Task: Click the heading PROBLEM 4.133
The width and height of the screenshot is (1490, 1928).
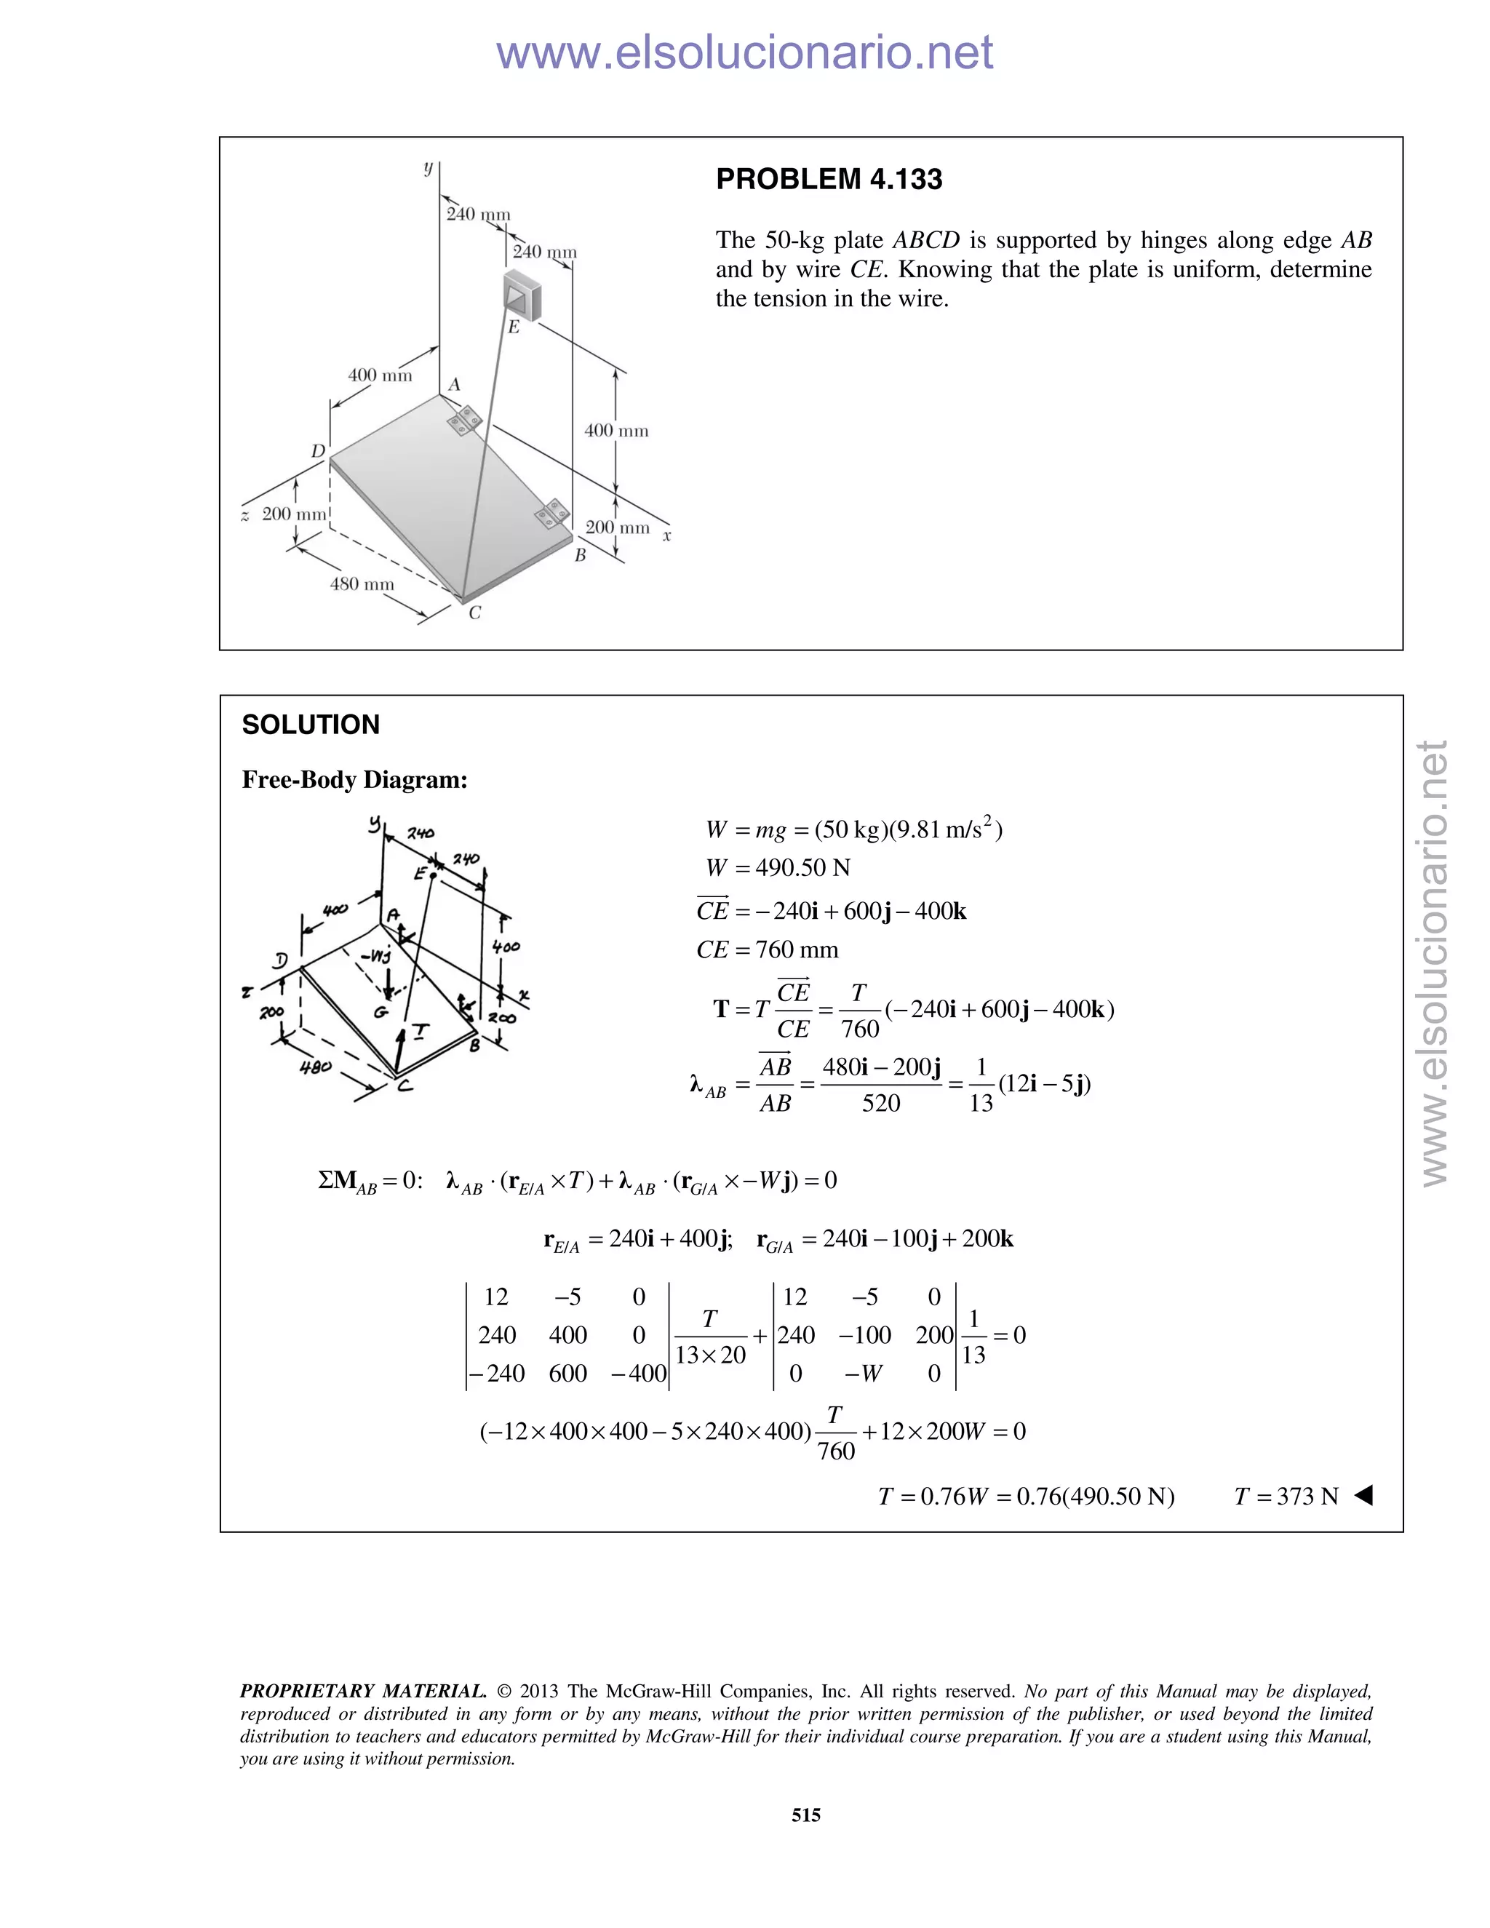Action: pyautogui.click(x=828, y=179)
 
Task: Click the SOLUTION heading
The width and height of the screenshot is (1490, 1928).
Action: pyautogui.click(x=311, y=725)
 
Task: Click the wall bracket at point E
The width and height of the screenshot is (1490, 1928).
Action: pyautogui.click(x=522, y=293)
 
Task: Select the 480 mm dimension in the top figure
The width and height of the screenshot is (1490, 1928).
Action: pyautogui.click(x=362, y=584)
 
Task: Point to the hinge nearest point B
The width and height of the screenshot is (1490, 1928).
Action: pyautogui.click(x=554, y=514)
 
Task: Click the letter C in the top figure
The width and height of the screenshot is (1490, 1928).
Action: pyautogui.click(x=475, y=613)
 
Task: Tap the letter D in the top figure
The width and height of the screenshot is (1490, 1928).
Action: pyautogui.click(x=318, y=452)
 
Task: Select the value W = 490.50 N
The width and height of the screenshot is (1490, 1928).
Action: pyautogui.click(x=778, y=868)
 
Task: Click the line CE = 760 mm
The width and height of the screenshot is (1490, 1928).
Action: pyautogui.click(x=767, y=950)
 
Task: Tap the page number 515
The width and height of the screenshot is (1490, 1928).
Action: pyautogui.click(x=806, y=1815)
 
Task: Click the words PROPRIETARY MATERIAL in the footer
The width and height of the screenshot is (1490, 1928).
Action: pyautogui.click(x=363, y=1692)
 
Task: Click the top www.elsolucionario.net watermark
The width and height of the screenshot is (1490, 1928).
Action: pyautogui.click(x=744, y=53)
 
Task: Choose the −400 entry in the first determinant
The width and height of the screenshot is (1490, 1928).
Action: pyautogui.click(x=638, y=1374)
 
